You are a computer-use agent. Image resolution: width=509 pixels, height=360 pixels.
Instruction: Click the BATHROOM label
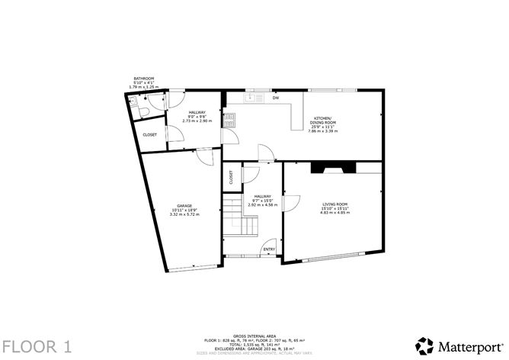coord(144,79)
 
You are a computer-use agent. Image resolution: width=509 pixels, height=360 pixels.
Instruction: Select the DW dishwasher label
coord(275,98)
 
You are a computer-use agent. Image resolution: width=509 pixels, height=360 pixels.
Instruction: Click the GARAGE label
coord(184,206)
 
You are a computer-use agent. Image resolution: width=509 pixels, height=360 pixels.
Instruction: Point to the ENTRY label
coord(269,249)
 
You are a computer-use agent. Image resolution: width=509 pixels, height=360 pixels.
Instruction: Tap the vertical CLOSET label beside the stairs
coord(231,177)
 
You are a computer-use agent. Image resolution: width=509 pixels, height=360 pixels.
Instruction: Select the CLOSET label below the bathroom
coord(150,135)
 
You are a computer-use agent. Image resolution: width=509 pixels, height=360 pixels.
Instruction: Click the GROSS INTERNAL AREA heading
coord(250,335)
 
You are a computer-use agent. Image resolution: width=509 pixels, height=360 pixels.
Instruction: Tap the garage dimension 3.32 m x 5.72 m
coord(184,214)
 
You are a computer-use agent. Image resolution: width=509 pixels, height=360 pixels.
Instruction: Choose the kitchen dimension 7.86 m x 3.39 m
coord(322,131)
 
